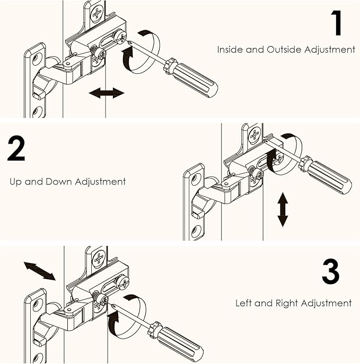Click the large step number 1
337,23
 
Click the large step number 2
16,149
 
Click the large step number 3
331,271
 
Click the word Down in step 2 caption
59,182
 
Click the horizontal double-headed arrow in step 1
107,93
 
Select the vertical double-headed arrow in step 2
283,209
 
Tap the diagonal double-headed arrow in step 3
39,271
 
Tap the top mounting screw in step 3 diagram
99,259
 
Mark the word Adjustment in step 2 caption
100,182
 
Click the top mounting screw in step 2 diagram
255,136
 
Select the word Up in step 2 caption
15,182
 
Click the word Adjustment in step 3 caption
327,304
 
